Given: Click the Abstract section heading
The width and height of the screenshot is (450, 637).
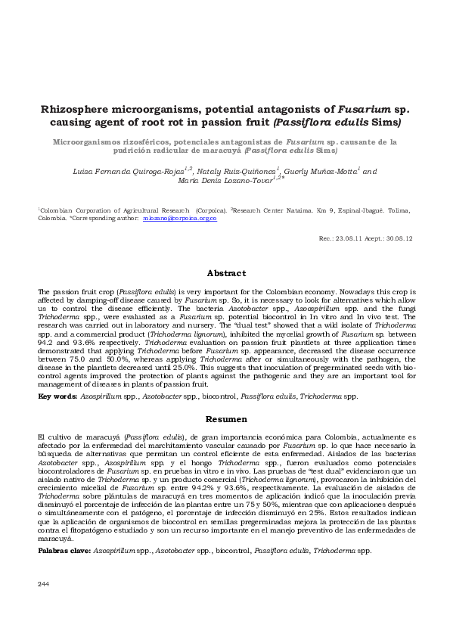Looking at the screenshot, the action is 226,273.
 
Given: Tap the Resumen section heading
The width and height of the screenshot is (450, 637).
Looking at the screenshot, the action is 226,418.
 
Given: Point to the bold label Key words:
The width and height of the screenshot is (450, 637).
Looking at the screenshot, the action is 54,396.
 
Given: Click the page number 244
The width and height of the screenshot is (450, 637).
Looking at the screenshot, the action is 44,604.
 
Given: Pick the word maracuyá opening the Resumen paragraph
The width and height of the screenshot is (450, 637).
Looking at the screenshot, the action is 92,437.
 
